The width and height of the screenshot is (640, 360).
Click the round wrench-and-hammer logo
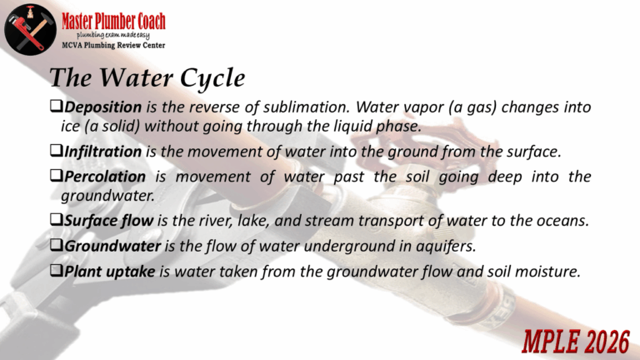(30, 29)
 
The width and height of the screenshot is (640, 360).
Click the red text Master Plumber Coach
(113, 21)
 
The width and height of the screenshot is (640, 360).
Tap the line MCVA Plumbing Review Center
(113, 45)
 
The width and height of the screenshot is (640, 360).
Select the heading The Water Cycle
(147, 77)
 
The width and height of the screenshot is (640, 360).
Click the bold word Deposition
(102, 107)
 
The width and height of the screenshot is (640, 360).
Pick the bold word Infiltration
(102, 152)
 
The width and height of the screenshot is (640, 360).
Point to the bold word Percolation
(105, 177)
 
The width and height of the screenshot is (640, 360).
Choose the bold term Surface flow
(108, 221)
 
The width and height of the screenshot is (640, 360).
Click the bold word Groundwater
(112, 246)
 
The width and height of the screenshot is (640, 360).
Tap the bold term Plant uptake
(110, 272)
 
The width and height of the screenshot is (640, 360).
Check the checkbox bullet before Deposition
(56, 106)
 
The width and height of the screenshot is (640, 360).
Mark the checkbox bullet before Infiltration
(56, 150)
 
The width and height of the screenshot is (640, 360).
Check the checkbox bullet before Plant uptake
(56, 270)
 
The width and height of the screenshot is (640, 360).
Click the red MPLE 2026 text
(576, 342)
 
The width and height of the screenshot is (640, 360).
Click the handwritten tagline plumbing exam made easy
(113, 36)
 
